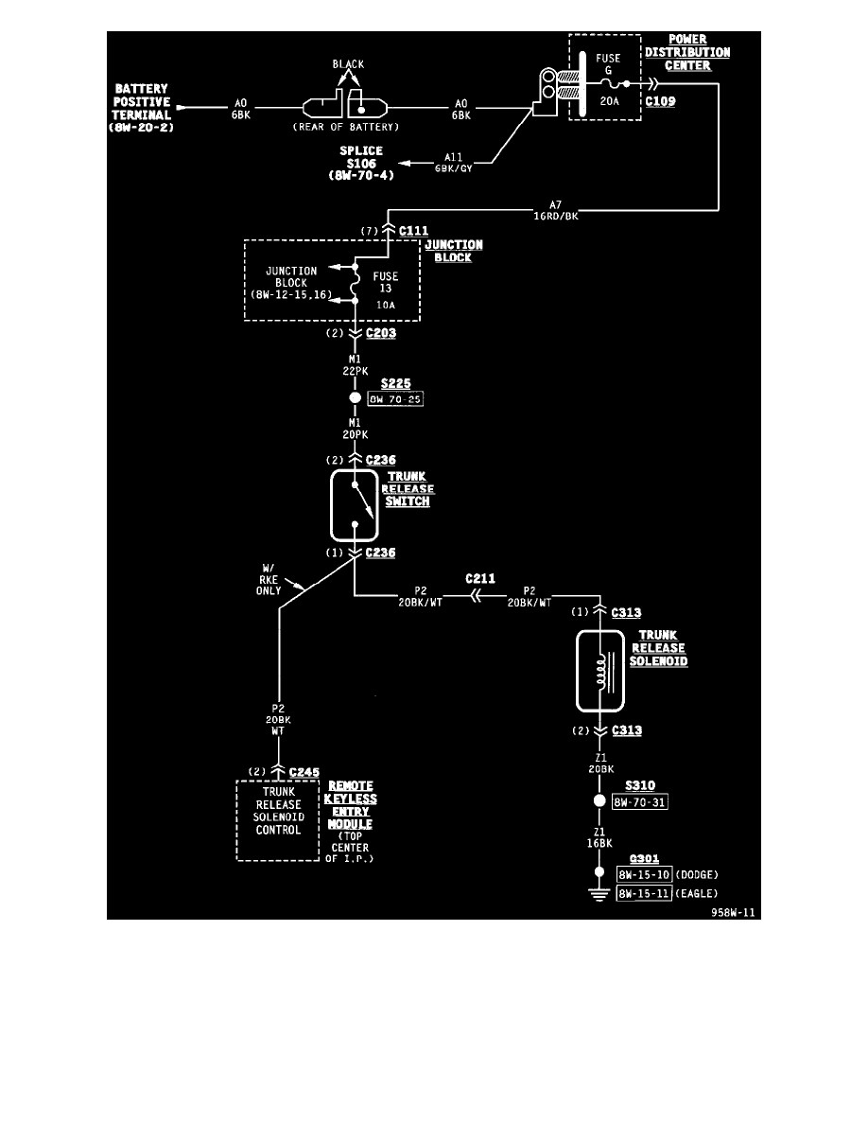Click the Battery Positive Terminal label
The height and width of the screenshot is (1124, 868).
143,108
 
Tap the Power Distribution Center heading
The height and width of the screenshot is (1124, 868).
688,53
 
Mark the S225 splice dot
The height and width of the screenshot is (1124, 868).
355,399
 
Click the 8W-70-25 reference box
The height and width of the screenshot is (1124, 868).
395,400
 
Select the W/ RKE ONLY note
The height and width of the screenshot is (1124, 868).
269,579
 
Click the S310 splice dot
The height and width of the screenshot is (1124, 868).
599,801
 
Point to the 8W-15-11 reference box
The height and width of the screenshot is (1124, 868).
644,892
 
